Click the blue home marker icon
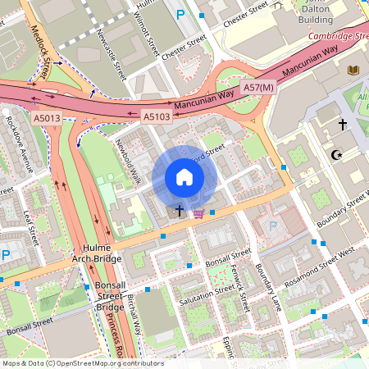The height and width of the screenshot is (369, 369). pos(184,177)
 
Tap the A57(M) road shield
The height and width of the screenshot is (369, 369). pos(258,86)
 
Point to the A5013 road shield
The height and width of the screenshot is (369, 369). pos(47,119)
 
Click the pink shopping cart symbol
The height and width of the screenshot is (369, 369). pos(198,214)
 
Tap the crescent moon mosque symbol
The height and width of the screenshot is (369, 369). pos(334,153)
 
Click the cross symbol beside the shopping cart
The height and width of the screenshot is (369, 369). pos(180,212)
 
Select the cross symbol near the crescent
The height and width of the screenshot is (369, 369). pos(342,125)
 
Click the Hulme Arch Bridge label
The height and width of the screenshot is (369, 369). pos(102,253)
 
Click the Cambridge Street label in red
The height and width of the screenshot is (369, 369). pos(339,36)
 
